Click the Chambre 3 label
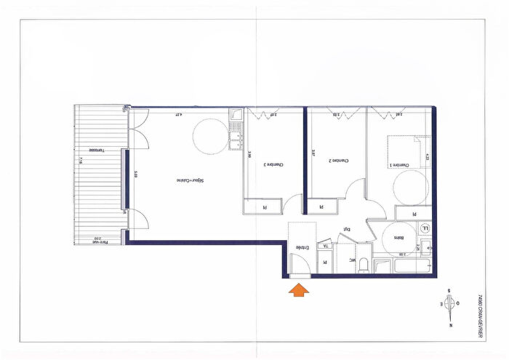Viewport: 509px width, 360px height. tap(273, 164)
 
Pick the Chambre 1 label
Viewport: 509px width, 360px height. tap(403, 165)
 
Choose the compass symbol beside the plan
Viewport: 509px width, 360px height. tap(451, 303)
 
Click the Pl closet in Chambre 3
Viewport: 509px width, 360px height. tap(264, 207)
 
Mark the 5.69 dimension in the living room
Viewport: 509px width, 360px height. tap(135, 175)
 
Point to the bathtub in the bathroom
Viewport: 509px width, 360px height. tap(404, 267)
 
